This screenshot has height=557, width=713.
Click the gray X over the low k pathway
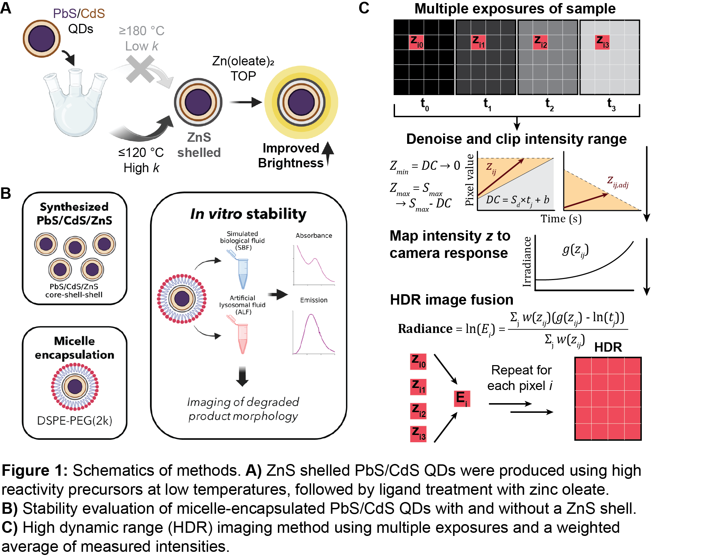coord(140,69)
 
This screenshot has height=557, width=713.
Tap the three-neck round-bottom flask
coord(75,104)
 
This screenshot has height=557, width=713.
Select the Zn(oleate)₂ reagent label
coord(243,61)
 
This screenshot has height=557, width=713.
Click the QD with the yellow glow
coord(301,102)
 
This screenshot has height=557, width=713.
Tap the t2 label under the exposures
coord(549,104)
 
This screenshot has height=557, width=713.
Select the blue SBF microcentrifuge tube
coord(242,271)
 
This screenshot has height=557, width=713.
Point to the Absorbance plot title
coord(314,235)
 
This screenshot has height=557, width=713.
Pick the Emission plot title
coord(313,300)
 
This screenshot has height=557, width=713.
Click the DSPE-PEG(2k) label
coord(75,420)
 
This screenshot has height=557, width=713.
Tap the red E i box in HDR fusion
coord(462,398)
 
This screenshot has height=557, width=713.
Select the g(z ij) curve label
coord(575,250)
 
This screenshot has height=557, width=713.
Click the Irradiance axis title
coord(527,262)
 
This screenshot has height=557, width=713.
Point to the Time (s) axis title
coord(561,219)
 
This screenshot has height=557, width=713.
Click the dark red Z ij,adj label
coord(618,182)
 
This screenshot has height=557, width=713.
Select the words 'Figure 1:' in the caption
coord(35,471)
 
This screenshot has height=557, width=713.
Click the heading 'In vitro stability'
coord(248,214)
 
